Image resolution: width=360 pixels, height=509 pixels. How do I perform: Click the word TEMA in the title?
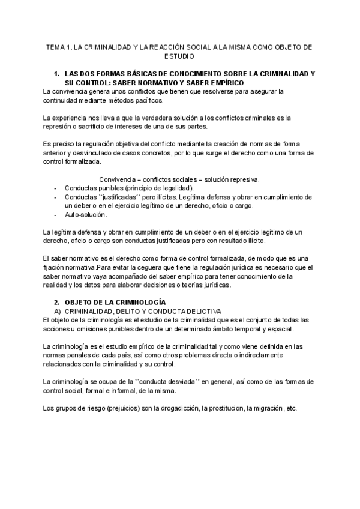click(55, 46)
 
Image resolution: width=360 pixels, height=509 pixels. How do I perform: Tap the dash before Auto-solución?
click(55, 214)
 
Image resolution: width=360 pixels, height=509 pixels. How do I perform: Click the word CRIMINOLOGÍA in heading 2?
click(137, 303)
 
